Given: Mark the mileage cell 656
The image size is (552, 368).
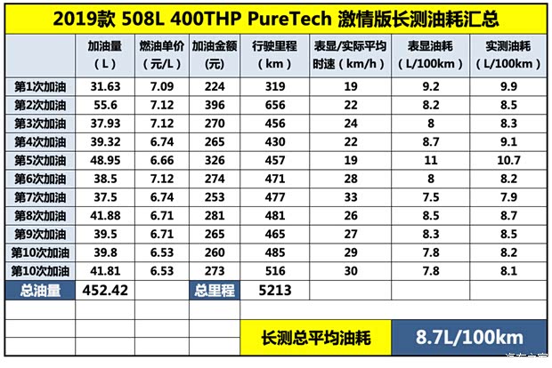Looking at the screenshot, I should (x=272, y=105).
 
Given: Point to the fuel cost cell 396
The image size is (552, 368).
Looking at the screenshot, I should (x=214, y=105).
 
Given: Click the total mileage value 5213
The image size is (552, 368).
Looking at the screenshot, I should (x=272, y=289).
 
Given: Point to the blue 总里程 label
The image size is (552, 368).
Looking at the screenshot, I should (x=214, y=289).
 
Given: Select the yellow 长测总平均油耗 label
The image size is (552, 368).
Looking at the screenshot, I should (x=315, y=338).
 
